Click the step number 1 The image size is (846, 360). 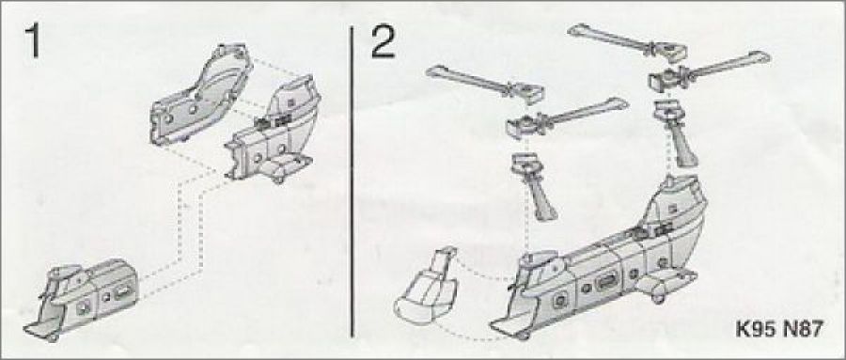point(32,41)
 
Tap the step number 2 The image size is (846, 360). point(384,42)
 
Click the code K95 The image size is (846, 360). point(757,328)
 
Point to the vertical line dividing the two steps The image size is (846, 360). point(352,182)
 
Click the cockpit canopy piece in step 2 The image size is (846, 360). point(426,286)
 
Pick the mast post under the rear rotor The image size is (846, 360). point(677,133)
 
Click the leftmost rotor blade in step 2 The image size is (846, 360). point(484,86)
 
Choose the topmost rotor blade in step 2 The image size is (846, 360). point(627,42)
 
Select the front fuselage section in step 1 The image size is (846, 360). point(81,298)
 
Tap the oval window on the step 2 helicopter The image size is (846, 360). point(606,281)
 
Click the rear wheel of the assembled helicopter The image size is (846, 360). point(658,294)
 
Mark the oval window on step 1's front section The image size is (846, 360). point(122,295)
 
